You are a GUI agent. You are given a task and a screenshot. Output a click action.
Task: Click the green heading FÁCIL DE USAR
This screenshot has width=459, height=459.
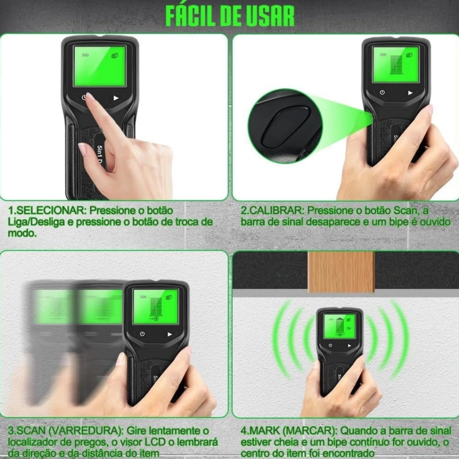click(x=230, y=16)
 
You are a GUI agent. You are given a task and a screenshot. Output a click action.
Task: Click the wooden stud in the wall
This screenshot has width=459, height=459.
click(x=341, y=272)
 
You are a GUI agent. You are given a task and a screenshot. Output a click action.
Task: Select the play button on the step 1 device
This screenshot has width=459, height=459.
click(x=116, y=98)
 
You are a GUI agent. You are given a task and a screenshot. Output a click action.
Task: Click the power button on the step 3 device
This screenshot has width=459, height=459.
click(x=142, y=334)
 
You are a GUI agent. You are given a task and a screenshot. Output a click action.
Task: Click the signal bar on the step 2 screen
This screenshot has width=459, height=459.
click(x=396, y=64)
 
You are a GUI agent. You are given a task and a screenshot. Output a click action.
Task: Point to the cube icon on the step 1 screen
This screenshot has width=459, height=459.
click(x=115, y=55)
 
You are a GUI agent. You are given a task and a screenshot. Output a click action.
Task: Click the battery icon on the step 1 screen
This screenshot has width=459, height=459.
click(x=85, y=55)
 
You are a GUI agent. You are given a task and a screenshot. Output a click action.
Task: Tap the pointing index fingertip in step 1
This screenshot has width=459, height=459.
click(x=89, y=97)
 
